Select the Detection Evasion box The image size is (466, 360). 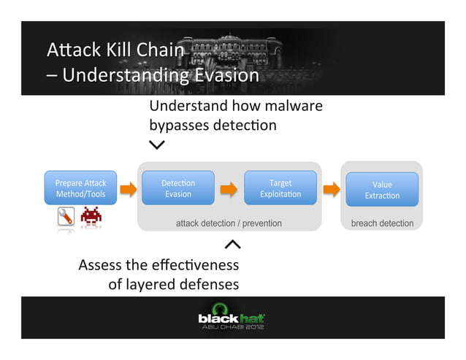click(x=177, y=188)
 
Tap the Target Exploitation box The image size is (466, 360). click(x=280, y=188)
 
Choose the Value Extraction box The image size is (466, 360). click(x=382, y=190)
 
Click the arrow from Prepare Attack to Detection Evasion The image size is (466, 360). click(x=128, y=190)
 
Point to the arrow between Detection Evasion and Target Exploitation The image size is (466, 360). click(x=229, y=190)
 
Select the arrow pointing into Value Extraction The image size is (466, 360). click(x=332, y=190)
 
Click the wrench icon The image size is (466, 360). click(x=66, y=217)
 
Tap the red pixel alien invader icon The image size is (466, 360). click(x=91, y=216)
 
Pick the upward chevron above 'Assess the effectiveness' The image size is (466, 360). click(x=232, y=244)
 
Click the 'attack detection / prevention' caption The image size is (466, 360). click(x=229, y=223)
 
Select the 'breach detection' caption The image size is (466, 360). click(x=382, y=223)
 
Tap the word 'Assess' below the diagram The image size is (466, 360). click(x=100, y=264)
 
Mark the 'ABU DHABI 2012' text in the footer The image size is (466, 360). click(x=233, y=327)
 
